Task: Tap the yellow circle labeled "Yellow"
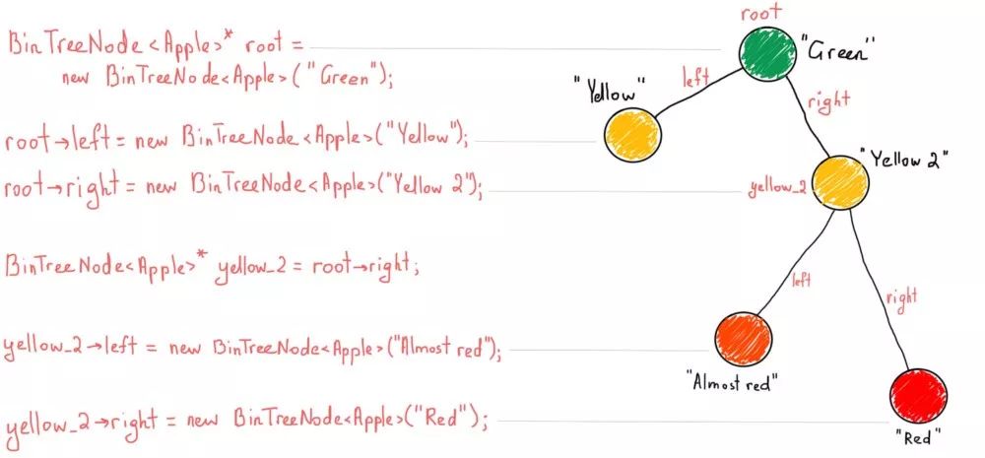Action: click(x=629, y=134)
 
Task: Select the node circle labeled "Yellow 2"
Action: click(x=839, y=183)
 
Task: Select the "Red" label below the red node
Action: click(x=918, y=434)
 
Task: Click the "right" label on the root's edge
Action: click(x=827, y=99)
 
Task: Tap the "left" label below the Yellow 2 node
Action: click(x=801, y=280)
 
